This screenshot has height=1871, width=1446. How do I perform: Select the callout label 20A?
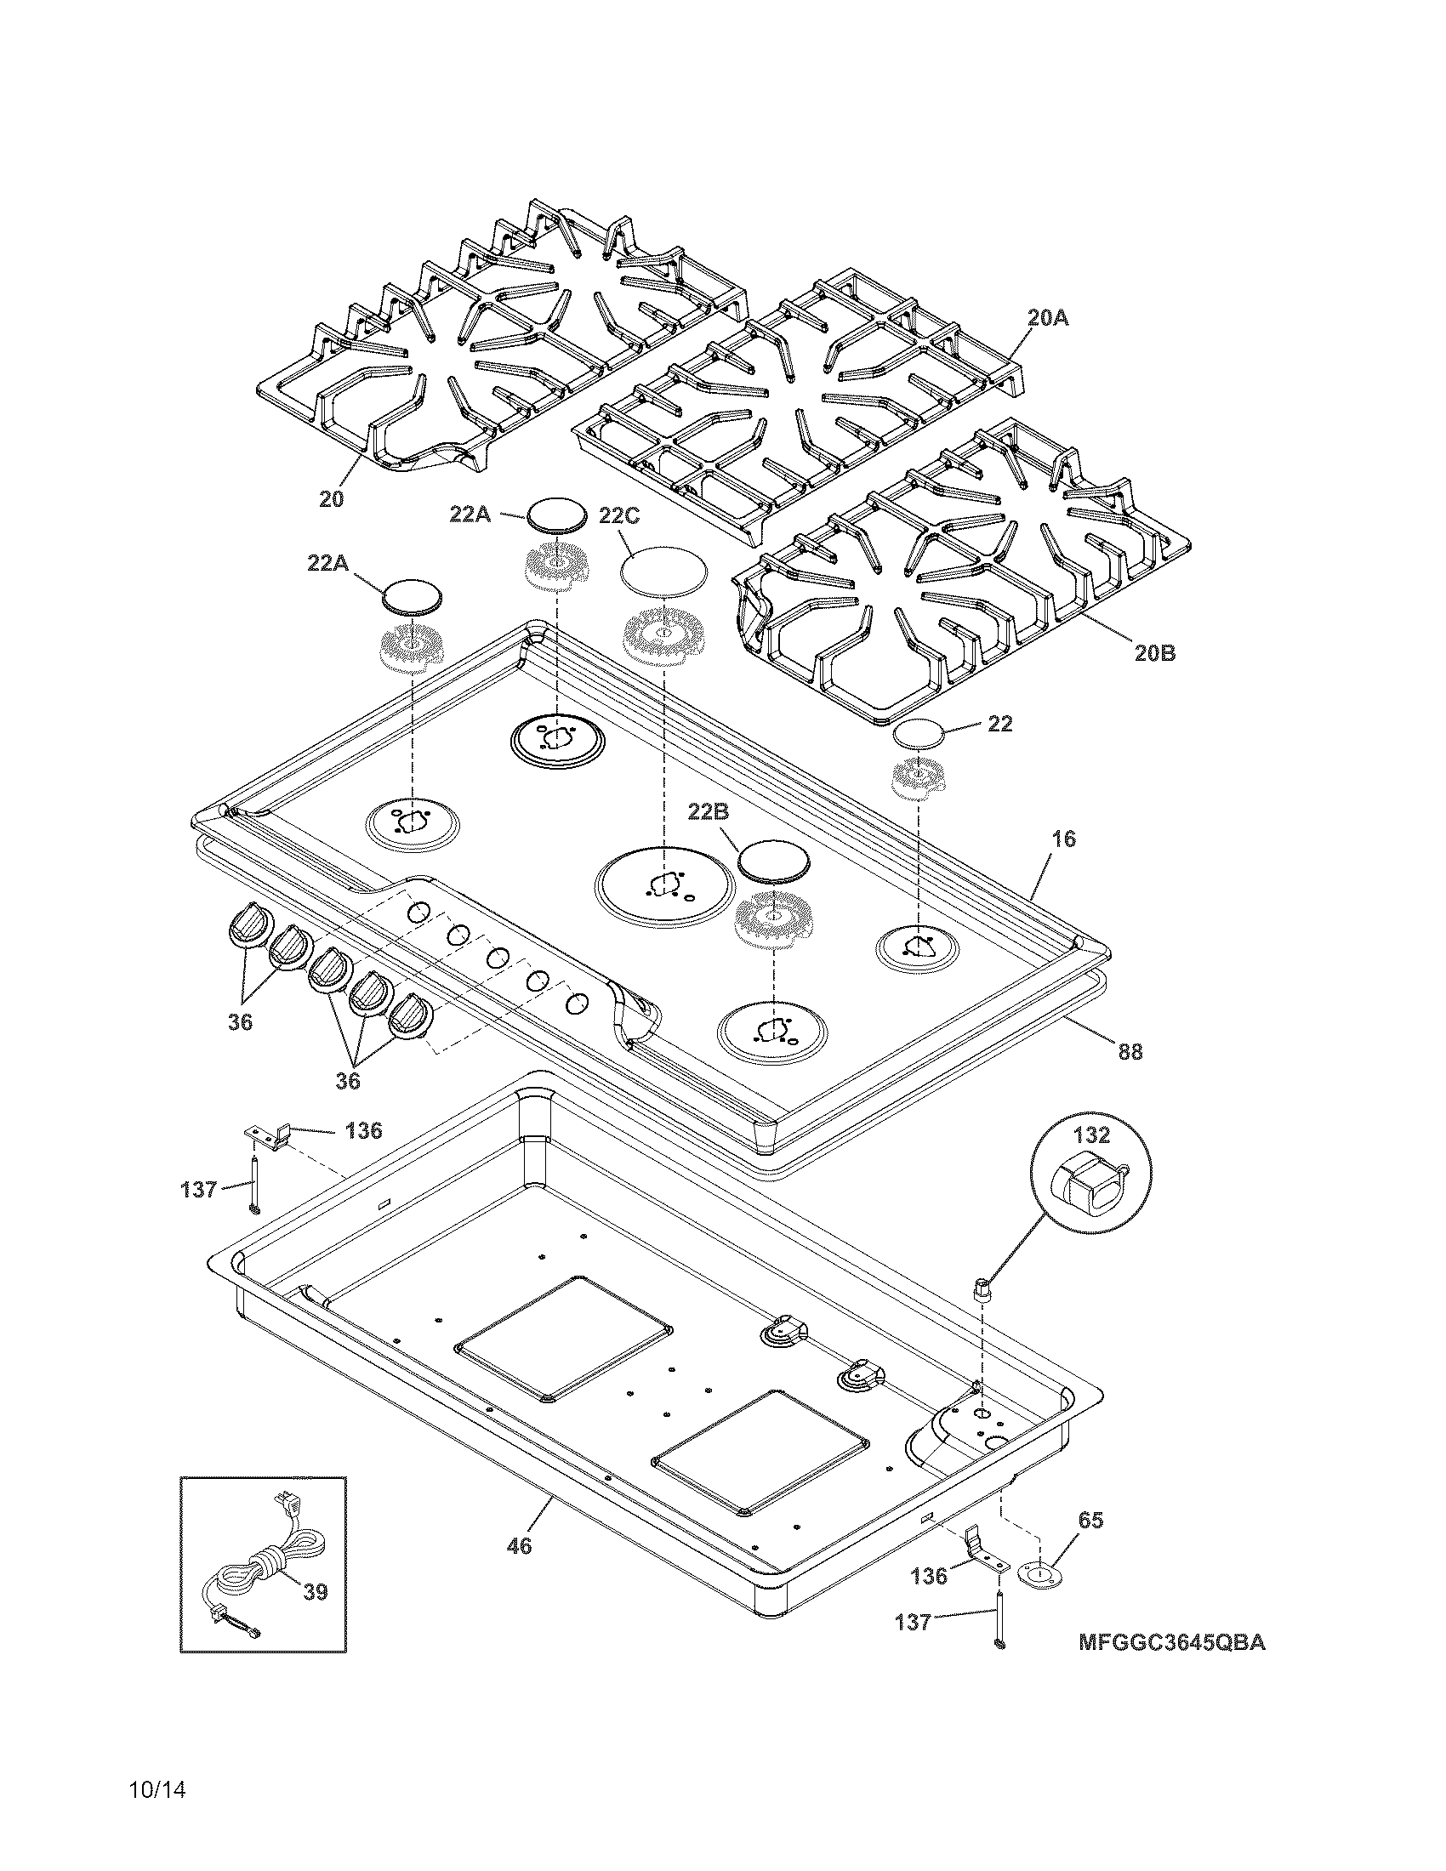click(1048, 318)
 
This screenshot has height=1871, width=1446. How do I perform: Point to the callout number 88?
click(1130, 1052)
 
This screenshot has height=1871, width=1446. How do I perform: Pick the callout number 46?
click(519, 1546)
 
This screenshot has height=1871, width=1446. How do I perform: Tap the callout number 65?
click(1090, 1521)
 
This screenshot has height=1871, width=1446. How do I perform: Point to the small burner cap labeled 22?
click(919, 733)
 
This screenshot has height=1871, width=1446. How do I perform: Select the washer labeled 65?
click(1039, 1573)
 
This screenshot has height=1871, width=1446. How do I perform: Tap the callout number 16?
click(1063, 839)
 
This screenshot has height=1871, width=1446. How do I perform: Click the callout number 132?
click(1091, 1135)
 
